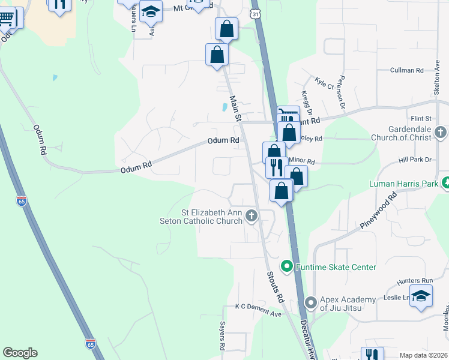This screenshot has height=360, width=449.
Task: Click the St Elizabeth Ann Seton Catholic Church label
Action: pyautogui.click(x=212, y=217)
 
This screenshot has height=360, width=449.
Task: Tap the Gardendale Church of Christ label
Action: pyautogui.click(x=402, y=133)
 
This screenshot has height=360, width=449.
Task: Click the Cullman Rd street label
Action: pyautogui.click(x=406, y=70)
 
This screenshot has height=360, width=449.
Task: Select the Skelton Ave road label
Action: pyautogui.click(x=437, y=80)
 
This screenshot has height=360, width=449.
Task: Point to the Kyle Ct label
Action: pyautogui.click(x=325, y=83)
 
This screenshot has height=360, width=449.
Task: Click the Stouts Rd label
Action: pyautogui.click(x=275, y=286)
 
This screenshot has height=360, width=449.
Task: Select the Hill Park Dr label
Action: pyautogui.click(x=415, y=160)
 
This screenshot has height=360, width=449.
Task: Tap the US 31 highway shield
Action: pyautogui.click(x=256, y=13)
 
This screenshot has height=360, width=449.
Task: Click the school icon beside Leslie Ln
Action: pyautogui.click(x=421, y=296)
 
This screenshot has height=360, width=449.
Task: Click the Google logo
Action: pyautogui.click(x=20, y=352)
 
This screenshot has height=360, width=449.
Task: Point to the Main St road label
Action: pyautogui.click(x=235, y=108)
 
